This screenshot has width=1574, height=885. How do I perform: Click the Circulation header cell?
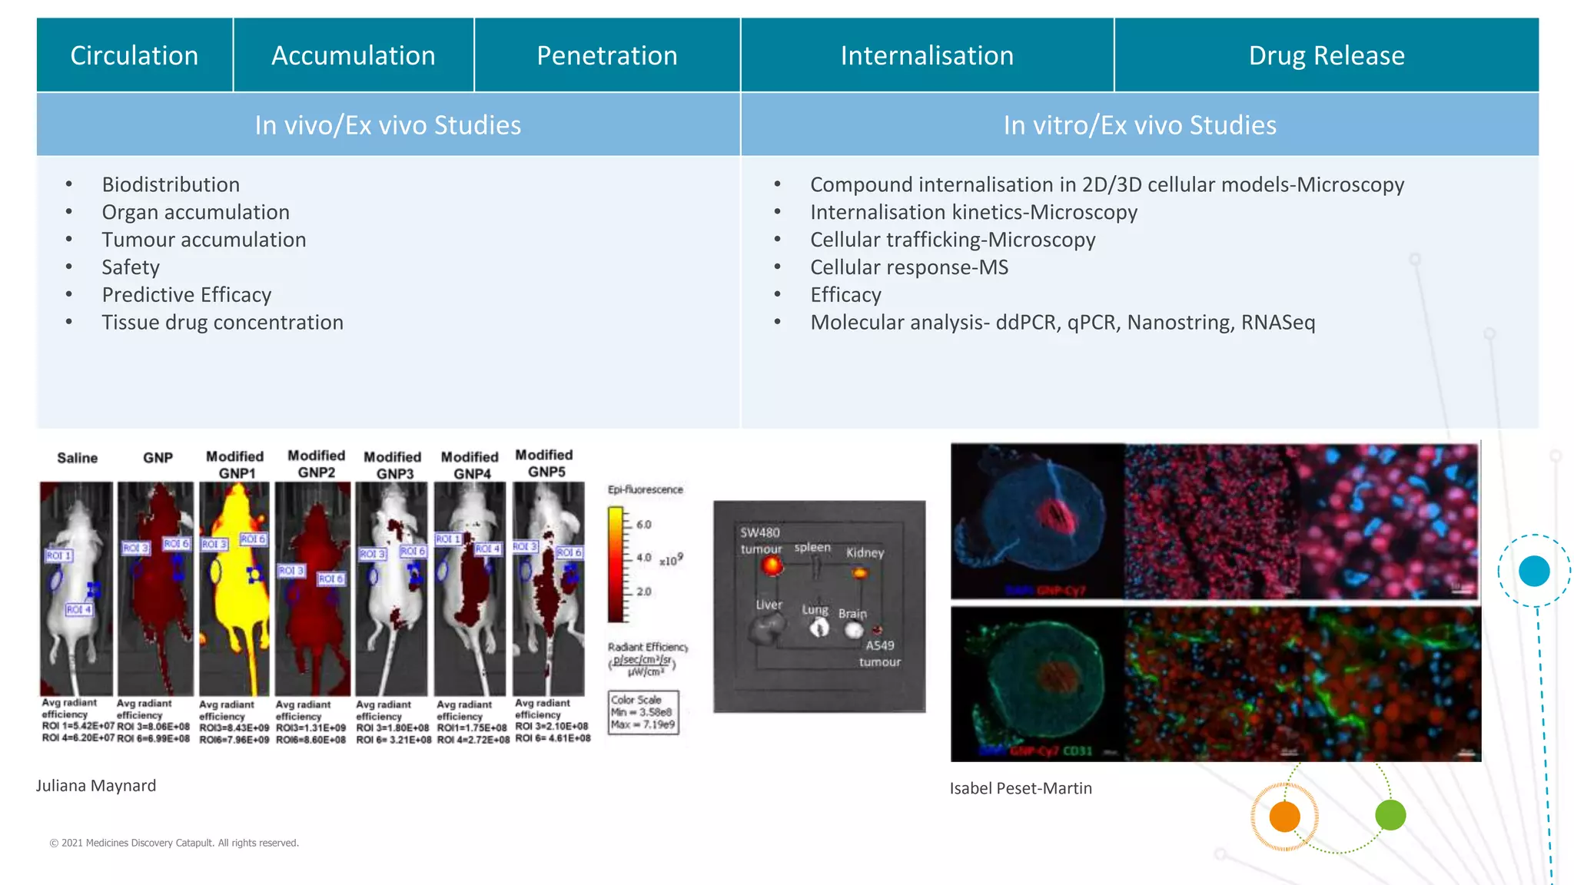134,55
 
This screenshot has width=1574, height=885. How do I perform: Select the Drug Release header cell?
1327,55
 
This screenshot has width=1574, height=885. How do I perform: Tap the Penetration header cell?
606,55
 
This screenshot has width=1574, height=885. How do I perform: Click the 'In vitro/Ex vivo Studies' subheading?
1140,125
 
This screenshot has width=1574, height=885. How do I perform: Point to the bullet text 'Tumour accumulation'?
204,240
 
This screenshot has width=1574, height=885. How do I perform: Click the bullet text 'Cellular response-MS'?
909,267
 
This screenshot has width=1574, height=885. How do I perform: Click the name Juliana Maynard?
96,786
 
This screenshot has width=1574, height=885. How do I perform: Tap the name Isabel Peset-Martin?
1021,788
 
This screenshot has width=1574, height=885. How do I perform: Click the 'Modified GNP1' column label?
235,465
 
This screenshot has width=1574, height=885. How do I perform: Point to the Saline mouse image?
76,588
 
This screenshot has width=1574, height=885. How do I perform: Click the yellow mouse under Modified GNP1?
234,588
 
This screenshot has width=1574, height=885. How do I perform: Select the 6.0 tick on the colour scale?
644,525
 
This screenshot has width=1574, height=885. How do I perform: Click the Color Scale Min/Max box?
643,712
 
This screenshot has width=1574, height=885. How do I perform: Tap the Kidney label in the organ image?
865,552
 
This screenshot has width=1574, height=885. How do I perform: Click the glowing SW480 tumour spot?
772,566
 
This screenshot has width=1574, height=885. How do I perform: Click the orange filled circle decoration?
1284,816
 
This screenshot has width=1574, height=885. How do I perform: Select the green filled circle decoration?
1390,815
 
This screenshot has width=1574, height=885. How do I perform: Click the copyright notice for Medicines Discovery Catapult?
174,843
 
